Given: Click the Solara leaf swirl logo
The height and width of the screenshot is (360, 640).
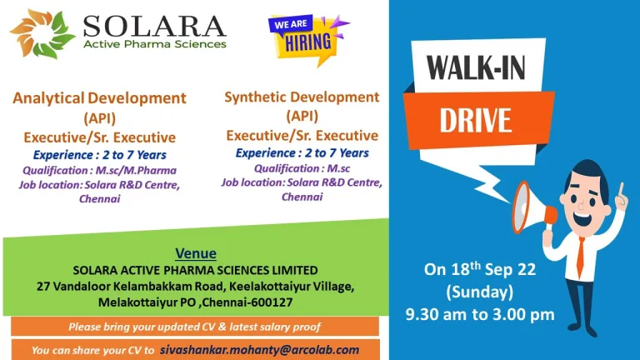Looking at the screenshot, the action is tap(42, 33).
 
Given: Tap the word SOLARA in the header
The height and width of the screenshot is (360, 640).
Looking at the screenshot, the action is tap(154, 27).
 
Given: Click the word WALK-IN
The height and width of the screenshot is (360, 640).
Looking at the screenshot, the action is tap(476, 67).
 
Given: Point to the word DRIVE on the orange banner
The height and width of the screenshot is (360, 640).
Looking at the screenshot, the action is tap(476, 120).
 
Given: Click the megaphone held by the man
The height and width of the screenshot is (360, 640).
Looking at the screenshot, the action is tap(532, 208).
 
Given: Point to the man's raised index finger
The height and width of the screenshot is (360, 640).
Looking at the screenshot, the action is tap(621, 192).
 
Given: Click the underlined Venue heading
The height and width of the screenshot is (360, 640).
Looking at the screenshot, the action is tap(196, 253).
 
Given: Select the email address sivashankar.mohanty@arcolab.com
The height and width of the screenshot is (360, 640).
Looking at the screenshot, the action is tap(260, 350).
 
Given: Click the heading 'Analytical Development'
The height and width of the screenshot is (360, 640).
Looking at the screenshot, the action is tap(100, 98).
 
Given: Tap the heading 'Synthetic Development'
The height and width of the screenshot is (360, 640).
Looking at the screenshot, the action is tap(302, 97).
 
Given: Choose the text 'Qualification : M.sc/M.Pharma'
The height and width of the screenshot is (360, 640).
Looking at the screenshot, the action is tap(100, 170).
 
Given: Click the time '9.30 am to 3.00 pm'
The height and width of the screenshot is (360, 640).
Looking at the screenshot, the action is tap(480, 314).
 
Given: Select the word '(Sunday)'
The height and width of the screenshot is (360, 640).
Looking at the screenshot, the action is tap(480, 292).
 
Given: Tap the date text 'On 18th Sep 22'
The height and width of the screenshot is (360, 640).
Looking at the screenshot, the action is tap(480, 269).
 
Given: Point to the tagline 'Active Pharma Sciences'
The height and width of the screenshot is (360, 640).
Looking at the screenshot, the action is tap(155, 44).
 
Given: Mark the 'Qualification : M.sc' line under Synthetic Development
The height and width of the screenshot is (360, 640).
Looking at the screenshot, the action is tap(302, 168).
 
